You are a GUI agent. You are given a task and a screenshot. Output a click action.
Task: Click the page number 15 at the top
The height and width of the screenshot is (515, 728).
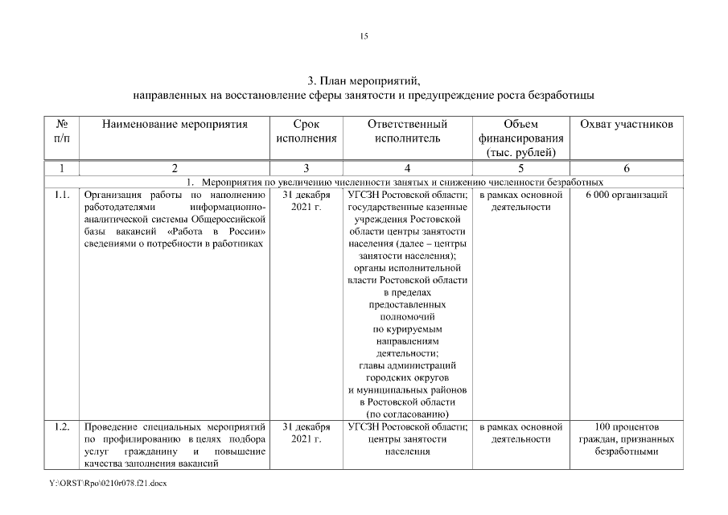coord(364,36)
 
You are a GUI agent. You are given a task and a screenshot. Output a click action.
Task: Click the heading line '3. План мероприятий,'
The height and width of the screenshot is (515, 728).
coord(364,81)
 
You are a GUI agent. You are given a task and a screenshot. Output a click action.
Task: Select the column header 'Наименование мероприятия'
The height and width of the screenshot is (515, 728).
coord(174,125)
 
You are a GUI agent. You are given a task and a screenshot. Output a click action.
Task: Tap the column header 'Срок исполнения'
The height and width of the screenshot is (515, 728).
coord(306,131)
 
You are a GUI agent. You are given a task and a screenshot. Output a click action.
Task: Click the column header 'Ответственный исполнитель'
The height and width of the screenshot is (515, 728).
coord(407,131)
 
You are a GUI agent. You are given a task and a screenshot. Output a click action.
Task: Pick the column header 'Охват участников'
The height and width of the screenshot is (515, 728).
coord(626,125)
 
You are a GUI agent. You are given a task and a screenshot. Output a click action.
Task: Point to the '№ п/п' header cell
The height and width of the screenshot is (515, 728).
coord(62,131)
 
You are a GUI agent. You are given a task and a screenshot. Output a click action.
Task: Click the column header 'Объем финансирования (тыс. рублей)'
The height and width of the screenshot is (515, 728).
coord(520,138)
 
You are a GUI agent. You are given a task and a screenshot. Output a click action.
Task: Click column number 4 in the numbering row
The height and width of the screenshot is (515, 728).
coord(407,168)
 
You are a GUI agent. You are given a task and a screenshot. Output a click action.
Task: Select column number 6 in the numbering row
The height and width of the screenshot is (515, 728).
coord(626,168)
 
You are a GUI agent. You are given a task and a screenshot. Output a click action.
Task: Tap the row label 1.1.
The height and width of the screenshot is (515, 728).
coord(62,196)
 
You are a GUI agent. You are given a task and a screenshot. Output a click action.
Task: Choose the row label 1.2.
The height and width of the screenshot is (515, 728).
coord(62,426)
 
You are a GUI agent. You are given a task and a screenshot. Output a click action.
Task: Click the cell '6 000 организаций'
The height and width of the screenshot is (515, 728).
coord(626,196)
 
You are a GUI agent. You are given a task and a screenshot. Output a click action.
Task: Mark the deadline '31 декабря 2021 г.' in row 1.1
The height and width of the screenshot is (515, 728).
coord(306,201)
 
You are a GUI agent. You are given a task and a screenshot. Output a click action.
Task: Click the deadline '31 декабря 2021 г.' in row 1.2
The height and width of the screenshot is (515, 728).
coord(306,432)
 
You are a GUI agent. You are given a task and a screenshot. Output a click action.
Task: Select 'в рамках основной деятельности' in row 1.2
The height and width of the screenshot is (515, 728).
coord(520,432)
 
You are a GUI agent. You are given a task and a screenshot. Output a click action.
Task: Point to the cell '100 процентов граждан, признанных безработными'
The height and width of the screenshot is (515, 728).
coord(626,439)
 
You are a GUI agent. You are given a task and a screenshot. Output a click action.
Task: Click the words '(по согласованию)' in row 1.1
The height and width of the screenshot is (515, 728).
coord(407,414)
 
